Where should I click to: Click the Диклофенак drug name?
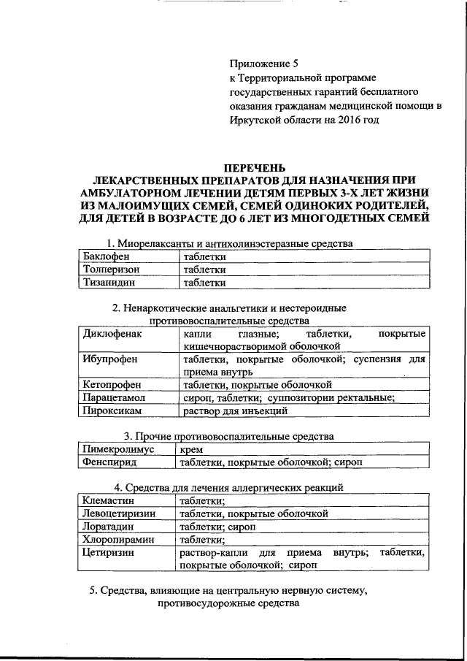coord(112,334)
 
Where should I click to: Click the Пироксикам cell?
coord(114,411)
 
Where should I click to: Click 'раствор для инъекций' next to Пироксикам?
coord(235,411)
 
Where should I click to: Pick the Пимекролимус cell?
coord(118,450)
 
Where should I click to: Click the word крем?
coord(191,450)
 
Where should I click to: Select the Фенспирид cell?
coord(110,463)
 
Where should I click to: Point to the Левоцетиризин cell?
coord(120,514)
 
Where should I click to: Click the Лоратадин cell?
coord(109,527)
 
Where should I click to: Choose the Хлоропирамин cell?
coord(118,540)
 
